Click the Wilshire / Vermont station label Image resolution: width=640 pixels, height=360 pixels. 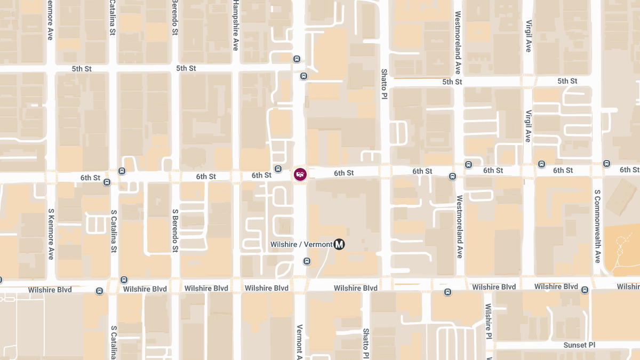pos(301,244)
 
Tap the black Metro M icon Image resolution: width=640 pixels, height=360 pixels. pos(339,244)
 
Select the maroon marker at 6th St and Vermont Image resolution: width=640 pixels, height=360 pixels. pos(300,174)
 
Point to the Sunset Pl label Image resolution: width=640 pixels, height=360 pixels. pos(579,345)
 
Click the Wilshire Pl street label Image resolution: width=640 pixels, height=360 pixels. pos(487,322)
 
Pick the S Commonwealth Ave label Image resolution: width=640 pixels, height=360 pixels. pos(597,226)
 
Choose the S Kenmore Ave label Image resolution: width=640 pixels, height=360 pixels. pos(51,233)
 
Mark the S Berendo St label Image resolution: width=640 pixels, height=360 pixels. pos(175,230)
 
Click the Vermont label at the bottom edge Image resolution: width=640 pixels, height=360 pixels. pos(299,341)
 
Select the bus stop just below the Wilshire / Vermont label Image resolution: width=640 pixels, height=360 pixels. pos(307,261)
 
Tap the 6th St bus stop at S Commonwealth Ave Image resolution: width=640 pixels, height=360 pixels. pos(606,163)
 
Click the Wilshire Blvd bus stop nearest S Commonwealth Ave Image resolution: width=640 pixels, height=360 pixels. pos(585,290)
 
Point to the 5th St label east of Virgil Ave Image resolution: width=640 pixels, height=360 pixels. pos(567,81)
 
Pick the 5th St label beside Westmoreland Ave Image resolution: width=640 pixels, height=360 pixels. pos(452,82)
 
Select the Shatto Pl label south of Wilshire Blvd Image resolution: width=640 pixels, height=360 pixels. pos(366,343)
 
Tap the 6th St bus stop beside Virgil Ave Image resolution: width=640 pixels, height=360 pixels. pos(542,164)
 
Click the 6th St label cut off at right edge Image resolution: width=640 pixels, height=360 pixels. pos(630,170)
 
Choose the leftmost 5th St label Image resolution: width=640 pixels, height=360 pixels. pos(82,69)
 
